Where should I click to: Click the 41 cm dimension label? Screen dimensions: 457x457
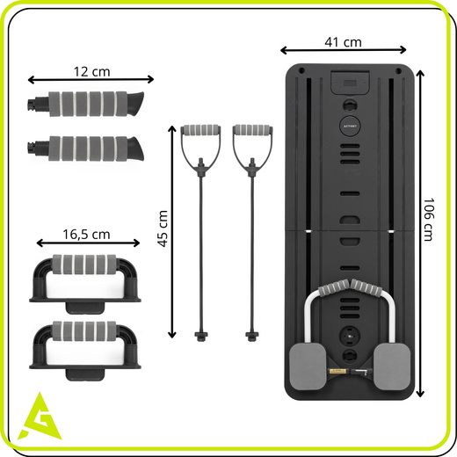[x=343, y=42]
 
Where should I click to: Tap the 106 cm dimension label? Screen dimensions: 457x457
[x=428, y=220]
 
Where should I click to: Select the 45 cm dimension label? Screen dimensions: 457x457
[x=163, y=228]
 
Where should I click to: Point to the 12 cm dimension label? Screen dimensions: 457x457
[x=91, y=72]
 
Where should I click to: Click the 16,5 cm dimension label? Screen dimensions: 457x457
[x=86, y=235]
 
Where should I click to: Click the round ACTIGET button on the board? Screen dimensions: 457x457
[x=350, y=126]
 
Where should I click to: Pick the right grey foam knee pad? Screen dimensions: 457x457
[x=392, y=366]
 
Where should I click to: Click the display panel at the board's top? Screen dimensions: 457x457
[x=350, y=83]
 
